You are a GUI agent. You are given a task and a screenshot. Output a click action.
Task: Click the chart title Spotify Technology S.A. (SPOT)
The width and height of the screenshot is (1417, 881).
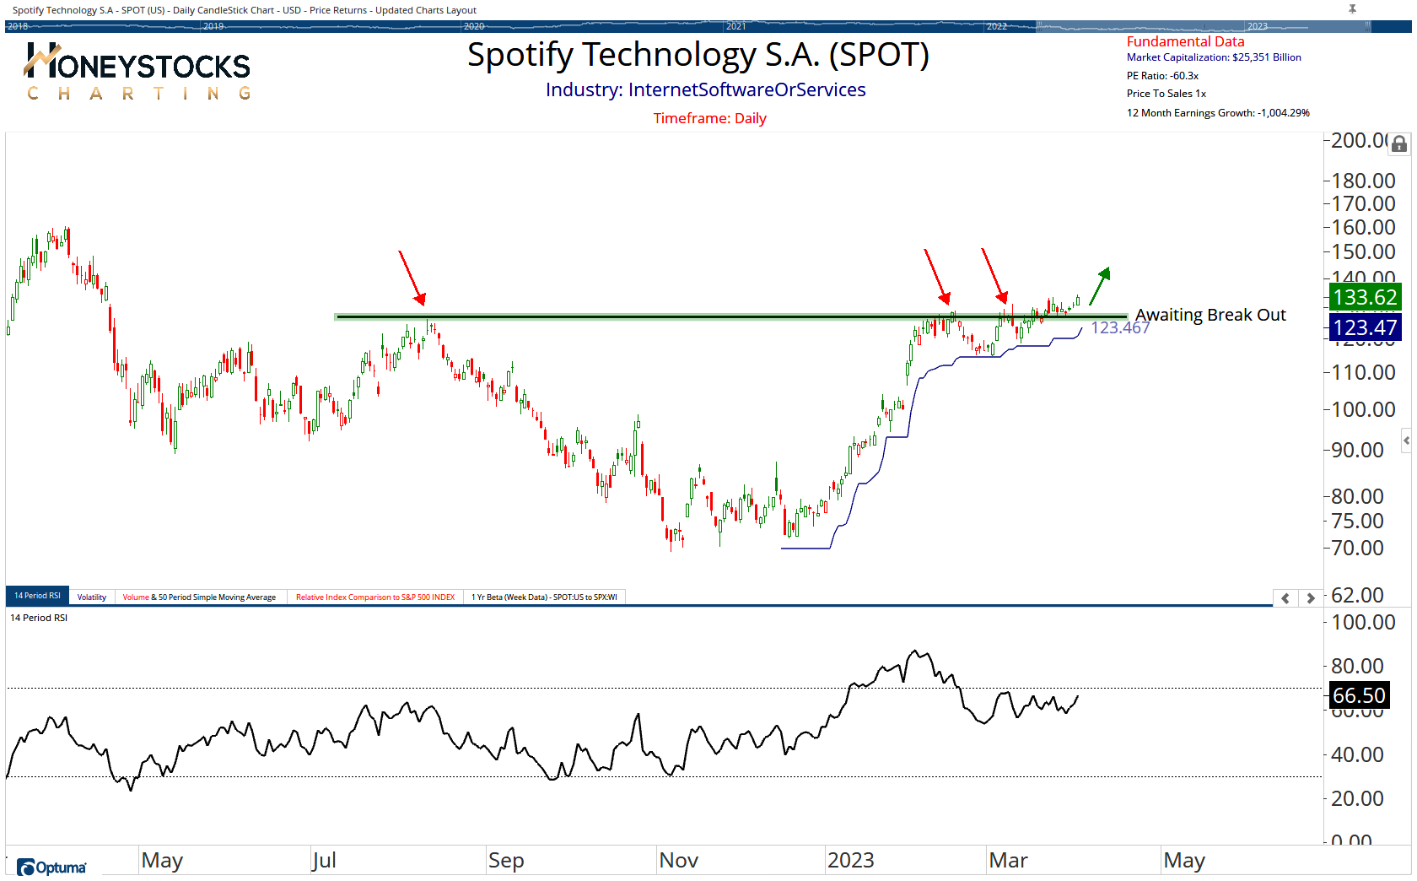tap(698, 56)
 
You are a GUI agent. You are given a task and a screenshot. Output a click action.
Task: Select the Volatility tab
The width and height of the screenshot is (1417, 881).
tap(92, 597)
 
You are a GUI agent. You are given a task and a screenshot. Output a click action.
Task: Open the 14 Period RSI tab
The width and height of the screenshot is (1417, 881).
tap(37, 596)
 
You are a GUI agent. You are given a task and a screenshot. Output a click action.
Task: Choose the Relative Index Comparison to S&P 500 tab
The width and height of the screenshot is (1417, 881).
tap(374, 597)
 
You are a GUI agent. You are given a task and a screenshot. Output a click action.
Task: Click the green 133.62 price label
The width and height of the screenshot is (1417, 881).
tap(1365, 297)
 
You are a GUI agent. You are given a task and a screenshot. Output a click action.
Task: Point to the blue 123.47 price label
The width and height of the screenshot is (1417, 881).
tap(1365, 327)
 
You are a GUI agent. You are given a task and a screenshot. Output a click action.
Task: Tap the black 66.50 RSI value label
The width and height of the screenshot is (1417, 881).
tap(1358, 695)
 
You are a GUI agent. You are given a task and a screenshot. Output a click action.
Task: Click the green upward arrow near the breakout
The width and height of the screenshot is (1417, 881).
tap(1099, 286)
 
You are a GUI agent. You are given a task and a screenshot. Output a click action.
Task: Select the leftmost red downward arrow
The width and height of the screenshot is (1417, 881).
tap(412, 277)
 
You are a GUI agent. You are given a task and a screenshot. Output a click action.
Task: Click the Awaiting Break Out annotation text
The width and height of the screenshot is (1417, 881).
tap(1210, 315)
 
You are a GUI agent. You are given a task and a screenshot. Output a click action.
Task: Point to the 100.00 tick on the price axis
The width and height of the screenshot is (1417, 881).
tap(1363, 409)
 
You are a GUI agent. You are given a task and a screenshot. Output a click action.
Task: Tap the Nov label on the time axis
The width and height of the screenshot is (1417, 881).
tap(678, 860)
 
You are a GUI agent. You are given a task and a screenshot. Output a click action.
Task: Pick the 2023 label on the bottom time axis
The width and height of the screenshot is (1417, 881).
tap(850, 860)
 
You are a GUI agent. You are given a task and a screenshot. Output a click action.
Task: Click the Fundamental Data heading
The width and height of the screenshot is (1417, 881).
tap(1185, 41)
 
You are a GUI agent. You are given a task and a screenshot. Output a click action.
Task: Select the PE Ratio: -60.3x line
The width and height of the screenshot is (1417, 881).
tap(1162, 76)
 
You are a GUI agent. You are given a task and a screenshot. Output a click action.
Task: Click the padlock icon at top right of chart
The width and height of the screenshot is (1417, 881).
tap(1399, 144)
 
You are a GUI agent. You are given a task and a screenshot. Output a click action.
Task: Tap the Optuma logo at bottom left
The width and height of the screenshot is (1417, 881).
tap(51, 867)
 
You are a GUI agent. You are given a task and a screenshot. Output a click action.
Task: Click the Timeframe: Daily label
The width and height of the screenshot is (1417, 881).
tap(709, 118)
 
